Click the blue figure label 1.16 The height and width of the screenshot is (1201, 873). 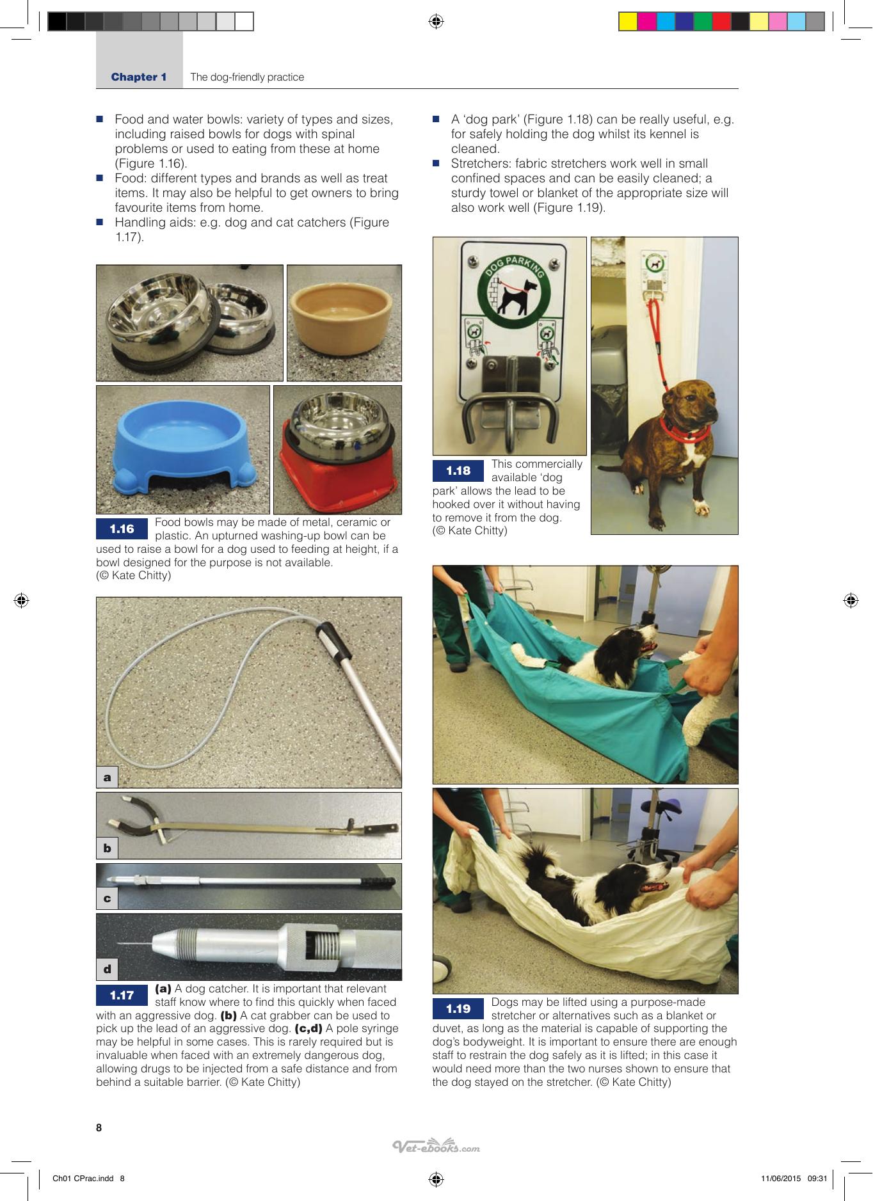click(122, 529)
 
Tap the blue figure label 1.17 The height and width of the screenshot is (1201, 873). click(122, 995)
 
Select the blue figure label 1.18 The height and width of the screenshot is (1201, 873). click(458, 471)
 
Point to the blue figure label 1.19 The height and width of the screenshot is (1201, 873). click(458, 1009)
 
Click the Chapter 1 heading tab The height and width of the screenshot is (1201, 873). click(139, 77)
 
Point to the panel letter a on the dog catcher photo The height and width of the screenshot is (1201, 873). click(107, 777)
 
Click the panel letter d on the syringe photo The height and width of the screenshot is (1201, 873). click(107, 969)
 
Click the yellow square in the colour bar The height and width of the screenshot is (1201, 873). click(628, 22)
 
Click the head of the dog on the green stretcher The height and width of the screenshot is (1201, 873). click(636, 640)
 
